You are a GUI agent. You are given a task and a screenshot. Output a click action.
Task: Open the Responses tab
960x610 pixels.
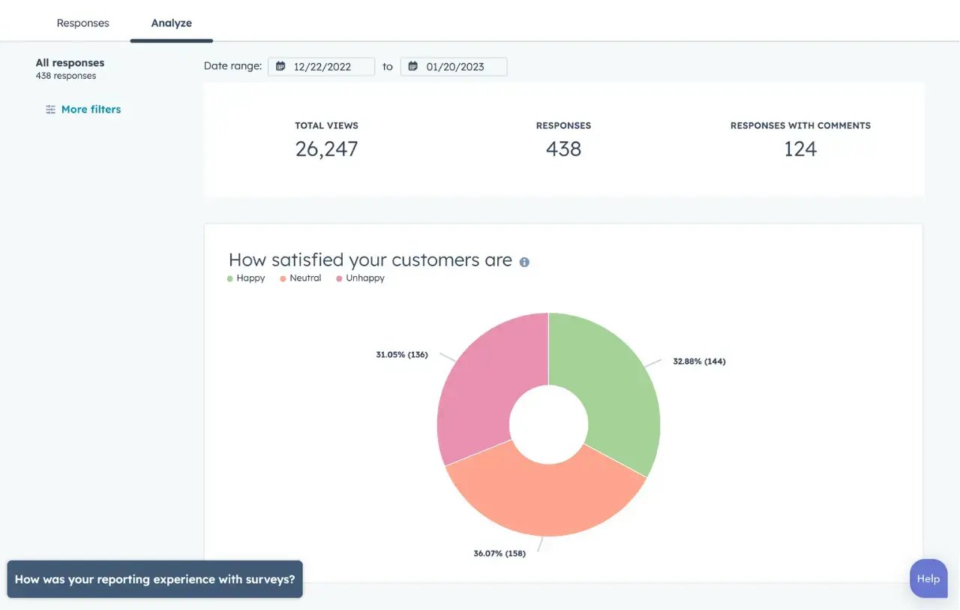(82, 23)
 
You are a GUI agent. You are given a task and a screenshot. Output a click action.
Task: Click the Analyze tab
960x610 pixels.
(171, 23)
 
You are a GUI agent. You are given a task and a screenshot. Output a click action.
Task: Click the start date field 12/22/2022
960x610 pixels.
(322, 67)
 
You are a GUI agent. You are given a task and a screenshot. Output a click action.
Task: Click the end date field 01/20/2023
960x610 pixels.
(454, 67)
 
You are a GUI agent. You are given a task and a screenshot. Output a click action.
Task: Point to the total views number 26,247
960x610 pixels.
(326, 149)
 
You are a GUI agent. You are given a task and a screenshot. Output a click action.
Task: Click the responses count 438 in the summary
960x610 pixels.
(563, 149)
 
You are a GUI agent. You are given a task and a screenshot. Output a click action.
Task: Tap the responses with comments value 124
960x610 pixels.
(800, 149)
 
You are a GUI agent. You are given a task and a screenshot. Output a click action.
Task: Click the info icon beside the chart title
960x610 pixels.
(524, 262)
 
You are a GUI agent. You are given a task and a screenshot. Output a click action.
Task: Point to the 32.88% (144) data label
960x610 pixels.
(699, 362)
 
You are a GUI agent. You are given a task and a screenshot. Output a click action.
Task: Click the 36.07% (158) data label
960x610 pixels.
(499, 554)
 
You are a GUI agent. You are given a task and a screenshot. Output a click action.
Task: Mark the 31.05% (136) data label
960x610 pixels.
(402, 355)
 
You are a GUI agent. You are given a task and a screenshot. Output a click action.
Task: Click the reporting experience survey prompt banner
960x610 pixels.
(154, 579)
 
